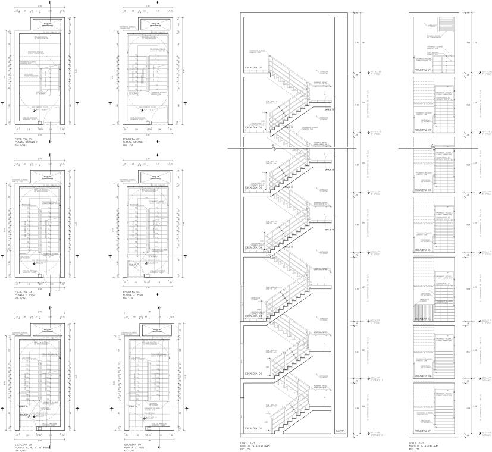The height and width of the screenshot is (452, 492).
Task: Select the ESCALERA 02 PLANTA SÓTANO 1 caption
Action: click(x=134, y=143)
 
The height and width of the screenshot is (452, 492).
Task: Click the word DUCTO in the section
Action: click(x=340, y=430)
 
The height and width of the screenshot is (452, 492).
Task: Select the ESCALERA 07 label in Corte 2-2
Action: click(x=424, y=71)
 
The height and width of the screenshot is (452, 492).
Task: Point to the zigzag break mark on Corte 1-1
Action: click(x=273, y=146)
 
